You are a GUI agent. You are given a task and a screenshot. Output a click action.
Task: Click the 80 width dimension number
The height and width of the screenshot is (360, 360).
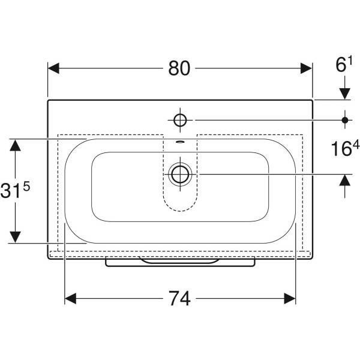[x=179, y=68]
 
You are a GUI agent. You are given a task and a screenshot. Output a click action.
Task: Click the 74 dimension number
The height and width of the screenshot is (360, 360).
[x=180, y=298]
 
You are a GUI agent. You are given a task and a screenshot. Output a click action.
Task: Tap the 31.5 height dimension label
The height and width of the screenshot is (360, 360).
[x=15, y=189]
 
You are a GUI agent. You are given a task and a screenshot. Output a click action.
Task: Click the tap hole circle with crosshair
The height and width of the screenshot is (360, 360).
[x=180, y=120]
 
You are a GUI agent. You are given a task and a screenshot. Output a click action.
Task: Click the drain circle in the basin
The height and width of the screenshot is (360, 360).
[x=180, y=174]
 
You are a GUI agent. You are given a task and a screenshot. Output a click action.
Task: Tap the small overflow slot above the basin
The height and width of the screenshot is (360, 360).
[x=180, y=142]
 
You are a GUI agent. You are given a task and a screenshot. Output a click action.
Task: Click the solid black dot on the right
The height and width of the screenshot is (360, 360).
[x=345, y=120]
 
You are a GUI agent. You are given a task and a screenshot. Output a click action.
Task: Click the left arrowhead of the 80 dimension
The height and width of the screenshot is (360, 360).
[x=53, y=68]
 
